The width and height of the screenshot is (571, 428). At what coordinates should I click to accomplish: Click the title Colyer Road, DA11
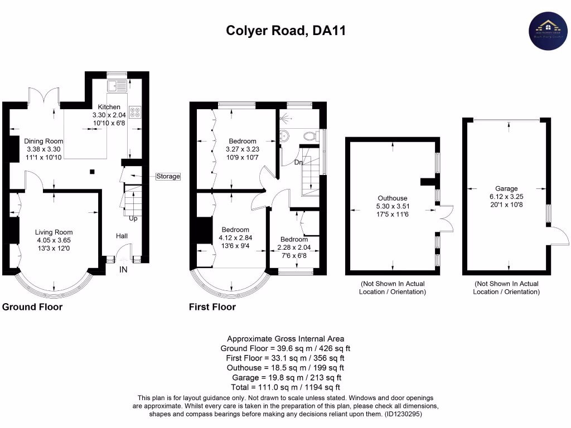coord(285,31)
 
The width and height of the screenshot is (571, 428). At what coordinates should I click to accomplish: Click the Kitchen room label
coord(109,107)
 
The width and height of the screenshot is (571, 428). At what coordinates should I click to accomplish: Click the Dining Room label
coord(43,142)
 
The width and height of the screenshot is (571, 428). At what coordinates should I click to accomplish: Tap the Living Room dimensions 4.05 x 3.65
coord(54,241)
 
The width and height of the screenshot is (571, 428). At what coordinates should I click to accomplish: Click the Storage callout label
coord(168,177)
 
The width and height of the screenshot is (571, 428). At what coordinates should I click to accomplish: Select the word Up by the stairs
coord(133,218)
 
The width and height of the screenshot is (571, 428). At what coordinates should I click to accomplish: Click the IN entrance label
coord(123,270)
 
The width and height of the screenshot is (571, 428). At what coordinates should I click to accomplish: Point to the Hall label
coord(122,236)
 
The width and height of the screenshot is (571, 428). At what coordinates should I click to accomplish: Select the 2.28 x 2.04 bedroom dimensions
coord(294,247)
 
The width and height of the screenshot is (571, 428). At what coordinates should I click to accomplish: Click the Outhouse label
coord(393,198)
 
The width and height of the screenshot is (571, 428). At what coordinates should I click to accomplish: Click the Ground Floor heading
coord(32,307)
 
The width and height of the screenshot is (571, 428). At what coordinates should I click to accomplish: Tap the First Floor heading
coord(212,307)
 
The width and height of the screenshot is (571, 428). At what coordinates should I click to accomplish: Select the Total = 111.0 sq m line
coord(285,387)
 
